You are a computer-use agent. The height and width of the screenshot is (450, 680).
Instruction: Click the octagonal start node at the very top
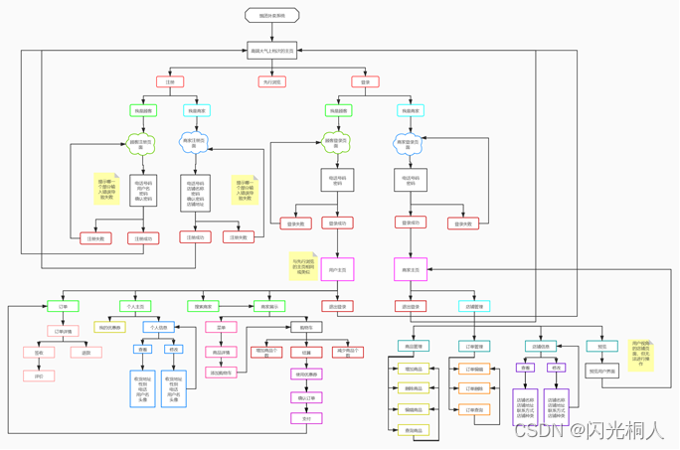271,16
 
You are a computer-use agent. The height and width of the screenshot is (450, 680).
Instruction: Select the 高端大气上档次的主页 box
271,51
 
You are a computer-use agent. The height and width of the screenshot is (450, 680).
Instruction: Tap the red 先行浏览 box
271,82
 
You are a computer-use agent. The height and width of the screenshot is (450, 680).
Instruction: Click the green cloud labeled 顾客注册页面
142,143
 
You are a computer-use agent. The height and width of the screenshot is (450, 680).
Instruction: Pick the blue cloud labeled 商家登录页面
410,143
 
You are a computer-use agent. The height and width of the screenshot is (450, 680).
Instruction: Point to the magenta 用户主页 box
337,269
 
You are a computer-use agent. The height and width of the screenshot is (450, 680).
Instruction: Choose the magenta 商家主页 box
410,269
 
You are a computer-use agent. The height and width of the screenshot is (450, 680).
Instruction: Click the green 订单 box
63,307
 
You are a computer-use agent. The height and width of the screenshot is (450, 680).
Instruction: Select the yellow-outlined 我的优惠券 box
109,327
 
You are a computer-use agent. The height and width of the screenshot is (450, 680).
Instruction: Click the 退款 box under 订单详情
86,352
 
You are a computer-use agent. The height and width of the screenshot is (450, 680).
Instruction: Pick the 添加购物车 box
221,373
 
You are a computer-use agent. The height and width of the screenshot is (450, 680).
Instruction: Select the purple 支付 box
306,418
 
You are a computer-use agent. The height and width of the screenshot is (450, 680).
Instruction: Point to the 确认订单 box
306,397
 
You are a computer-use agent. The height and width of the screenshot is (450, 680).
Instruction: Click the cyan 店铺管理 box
474,307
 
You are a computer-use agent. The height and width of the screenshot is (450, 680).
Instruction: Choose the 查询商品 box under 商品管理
414,430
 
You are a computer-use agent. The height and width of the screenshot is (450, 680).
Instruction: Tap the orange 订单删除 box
474,388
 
